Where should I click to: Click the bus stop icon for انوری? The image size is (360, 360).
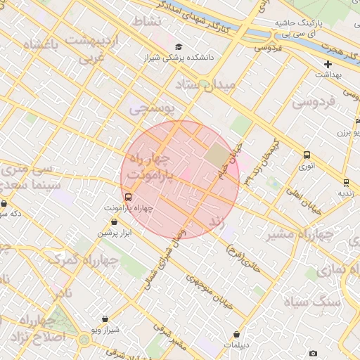point(307,155)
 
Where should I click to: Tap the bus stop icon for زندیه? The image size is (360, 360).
point(345,181)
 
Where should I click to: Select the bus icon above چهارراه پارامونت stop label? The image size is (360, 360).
point(128,198)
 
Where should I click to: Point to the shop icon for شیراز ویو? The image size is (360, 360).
point(105,319)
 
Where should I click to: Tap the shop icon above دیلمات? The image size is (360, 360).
point(236,334)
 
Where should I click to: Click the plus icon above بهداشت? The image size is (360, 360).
point(328,64)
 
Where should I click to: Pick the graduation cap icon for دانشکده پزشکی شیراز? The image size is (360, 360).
point(177,46)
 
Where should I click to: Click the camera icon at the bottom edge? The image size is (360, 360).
point(313,353)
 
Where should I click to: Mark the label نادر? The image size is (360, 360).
point(61,291)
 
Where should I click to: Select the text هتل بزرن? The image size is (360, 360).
point(347,131)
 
